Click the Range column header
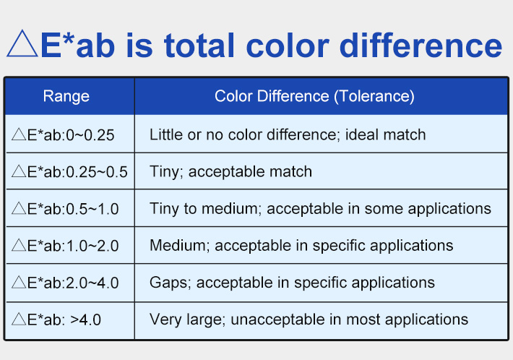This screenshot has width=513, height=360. pos(66,96)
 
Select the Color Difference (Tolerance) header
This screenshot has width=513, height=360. pos(314,96)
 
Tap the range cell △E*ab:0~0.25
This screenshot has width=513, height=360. pos(64,134)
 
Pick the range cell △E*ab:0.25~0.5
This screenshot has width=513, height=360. pos(70,172)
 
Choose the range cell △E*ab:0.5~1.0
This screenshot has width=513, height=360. pos(66,209)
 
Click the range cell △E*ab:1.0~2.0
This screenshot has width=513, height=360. pos(66,246)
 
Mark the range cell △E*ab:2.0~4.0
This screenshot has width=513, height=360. pos(66,283)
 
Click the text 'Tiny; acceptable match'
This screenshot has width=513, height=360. pos(230,172)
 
